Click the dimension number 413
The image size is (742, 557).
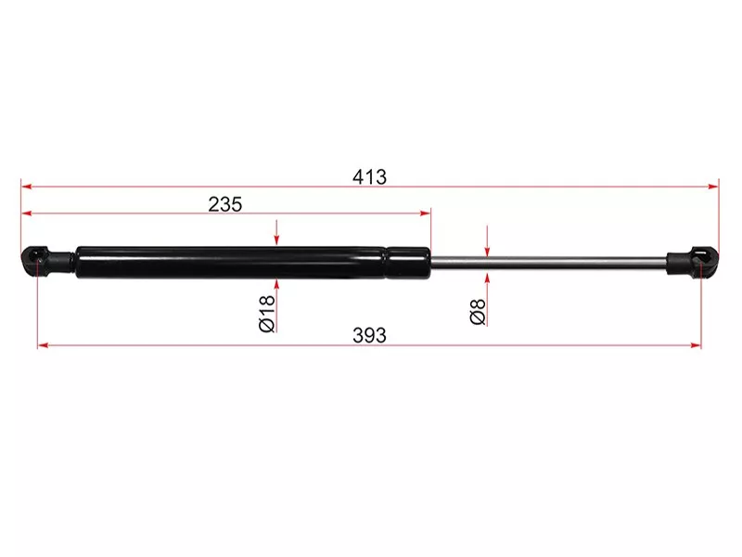[370, 176]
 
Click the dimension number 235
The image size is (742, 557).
[224, 204]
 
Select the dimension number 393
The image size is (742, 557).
[369, 335]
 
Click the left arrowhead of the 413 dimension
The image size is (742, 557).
[26, 187]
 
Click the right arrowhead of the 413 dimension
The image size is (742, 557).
[713, 187]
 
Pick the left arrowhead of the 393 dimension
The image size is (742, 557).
[43, 345]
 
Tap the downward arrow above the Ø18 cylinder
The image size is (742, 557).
[276, 240]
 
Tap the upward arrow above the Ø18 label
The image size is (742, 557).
[276, 286]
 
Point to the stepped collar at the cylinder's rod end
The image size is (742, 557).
[408, 263]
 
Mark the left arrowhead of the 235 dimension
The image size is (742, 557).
[26, 214]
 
